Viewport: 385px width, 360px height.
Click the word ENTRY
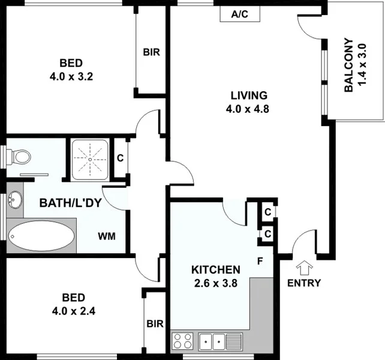coord(304,283)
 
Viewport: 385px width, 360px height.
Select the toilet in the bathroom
coord(19,157)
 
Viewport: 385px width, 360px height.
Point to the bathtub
coord(42,236)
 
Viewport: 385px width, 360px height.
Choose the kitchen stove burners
coord(182,341)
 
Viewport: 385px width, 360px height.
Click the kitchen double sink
coord(212,341)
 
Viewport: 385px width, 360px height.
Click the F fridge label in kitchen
coord(260,261)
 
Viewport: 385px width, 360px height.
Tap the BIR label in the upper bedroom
coord(151,52)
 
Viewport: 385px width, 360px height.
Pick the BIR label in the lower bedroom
coord(155,324)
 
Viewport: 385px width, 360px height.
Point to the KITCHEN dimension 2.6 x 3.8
coord(216,283)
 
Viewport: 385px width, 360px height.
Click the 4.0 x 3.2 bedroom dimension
coord(70,76)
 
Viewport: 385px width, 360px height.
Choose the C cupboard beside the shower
coord(120,158)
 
